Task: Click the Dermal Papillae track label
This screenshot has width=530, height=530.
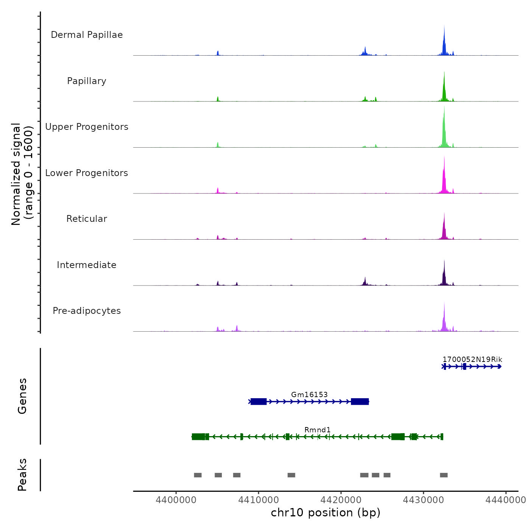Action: [x=87, y=35]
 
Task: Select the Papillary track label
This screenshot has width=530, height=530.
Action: [x=87, y=81]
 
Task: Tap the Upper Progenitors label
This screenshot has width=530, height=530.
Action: [x=87, y=127]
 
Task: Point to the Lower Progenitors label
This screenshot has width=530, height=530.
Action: [x=87, y=173]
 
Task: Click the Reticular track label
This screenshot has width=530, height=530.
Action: [x=87, y=219]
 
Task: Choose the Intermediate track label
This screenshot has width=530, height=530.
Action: [x=87, y=265]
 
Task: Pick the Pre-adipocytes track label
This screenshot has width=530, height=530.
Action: [x=87, y=311]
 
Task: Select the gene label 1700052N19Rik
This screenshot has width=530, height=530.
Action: [x=472, y=360]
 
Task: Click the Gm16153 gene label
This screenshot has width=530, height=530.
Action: [x=309, y=394]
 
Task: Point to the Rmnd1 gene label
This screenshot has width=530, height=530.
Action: [x=318, y=430]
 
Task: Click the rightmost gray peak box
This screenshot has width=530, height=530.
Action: [x=444, y=475]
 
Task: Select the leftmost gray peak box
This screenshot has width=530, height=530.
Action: [x=198, y=475]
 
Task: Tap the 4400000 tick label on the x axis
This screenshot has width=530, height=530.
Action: [x=176, y=500]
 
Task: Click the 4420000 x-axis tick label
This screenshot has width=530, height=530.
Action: [x=341, y=500]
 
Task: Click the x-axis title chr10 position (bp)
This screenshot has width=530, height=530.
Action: [x=326, y=513]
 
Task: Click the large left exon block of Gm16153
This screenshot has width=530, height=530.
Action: [x=259, y=401]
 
